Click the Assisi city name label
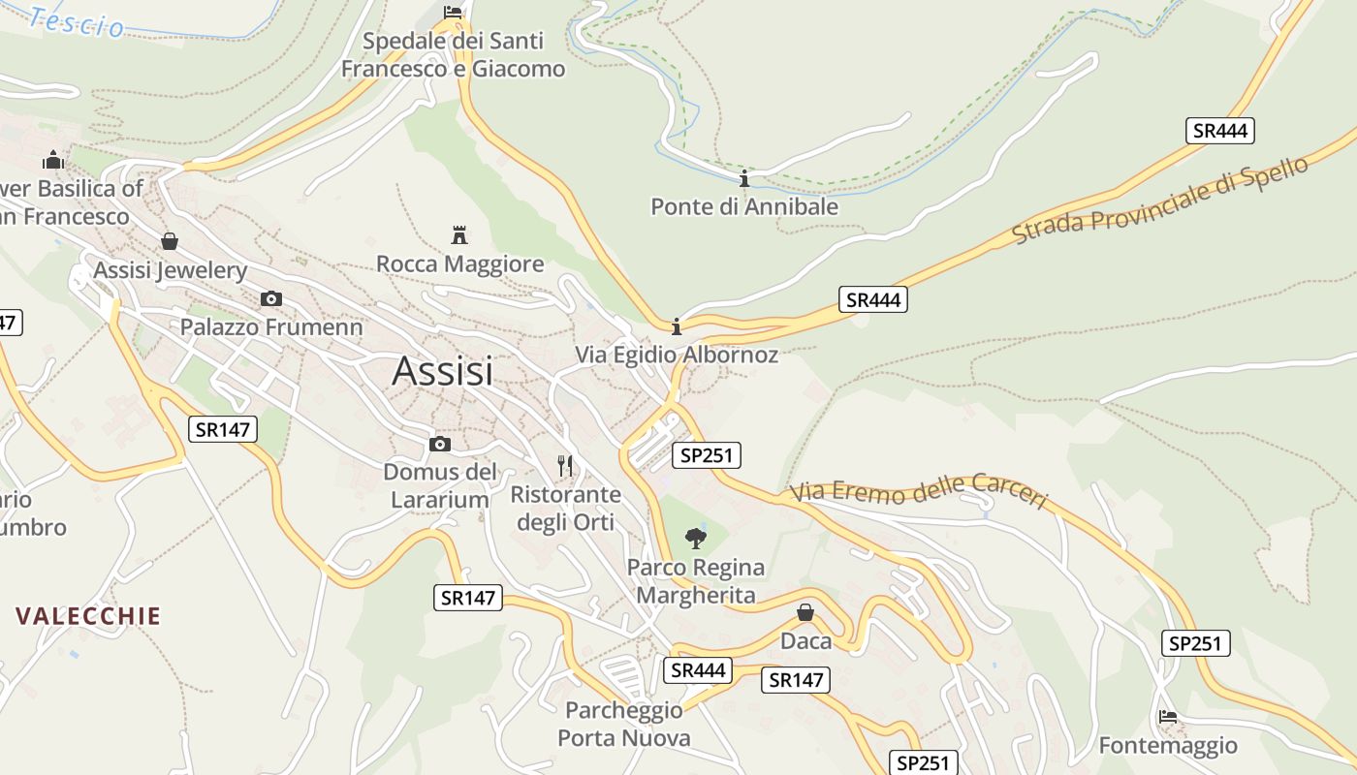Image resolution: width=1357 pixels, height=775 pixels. tap(442, 372)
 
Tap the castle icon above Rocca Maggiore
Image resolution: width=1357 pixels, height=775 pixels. tap(459, 234)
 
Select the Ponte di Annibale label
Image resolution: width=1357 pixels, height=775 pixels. tap(743, 206)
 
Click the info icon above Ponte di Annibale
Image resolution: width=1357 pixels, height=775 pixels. tap(744, 179)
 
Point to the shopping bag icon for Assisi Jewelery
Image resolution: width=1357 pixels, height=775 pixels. tap(170, 241)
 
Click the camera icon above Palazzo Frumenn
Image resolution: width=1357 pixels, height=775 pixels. tap(271, 298)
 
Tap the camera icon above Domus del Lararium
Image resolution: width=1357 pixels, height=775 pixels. tap(440, 444)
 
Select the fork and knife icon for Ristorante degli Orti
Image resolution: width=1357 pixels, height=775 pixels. tap(566, 466)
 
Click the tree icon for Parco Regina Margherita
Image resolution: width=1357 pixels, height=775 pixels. tap(695, 538)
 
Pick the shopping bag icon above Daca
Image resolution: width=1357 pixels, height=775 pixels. tap(805, 612)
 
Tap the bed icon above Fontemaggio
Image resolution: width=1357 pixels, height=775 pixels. tap(1168, 717)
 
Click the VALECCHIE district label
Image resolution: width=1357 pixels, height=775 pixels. tap(88, 616)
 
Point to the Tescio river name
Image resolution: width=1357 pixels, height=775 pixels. tap(78, 22)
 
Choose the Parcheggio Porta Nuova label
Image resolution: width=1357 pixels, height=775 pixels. tap(624, 725)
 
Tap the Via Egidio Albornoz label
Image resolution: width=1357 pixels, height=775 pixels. tap(677, 355)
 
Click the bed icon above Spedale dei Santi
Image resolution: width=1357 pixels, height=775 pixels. tap(453, 12)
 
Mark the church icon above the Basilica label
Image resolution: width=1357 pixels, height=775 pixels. tap(53, 159)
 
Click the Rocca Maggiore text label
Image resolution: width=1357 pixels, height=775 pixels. tap(459, 263)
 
